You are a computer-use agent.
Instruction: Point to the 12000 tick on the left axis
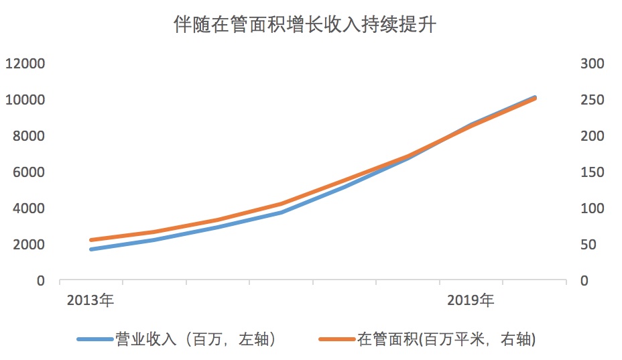pyautogui.click(x=25, y=64)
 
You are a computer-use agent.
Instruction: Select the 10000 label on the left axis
pyautogui.click(x=25, y=101)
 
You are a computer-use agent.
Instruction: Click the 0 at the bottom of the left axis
pyautogui.click(x=41, y=282)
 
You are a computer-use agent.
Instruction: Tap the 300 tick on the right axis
pyautogui.click(x=593, y=64)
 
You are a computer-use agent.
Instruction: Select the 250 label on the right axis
pyautogui.click(x=593, y=101)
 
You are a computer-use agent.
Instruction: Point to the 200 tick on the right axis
pyautogui.click(x=593, y=137)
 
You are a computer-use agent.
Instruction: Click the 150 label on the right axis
pyautogui.click(x=593, y=173)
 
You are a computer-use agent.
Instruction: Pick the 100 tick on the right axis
pyautogui.click(x=593, y=209)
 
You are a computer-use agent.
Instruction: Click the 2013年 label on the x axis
pyautogui.click(x=90, y=300)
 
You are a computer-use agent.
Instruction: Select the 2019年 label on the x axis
pyautogui.click(x=471, y=300)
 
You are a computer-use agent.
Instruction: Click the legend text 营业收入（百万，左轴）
pyautogui.click(x=195, y=340)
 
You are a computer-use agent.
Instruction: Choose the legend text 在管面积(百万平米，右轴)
pyautogui.click(x=446, y=340)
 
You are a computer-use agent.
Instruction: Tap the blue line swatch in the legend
pyautogui.click(x=95, y=340)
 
